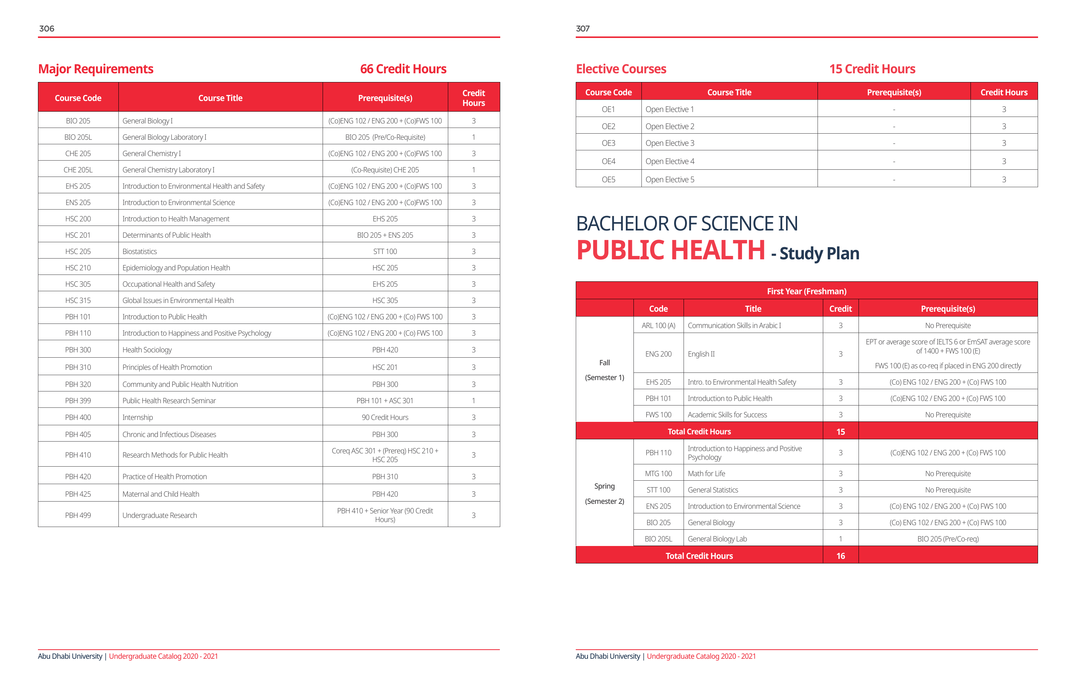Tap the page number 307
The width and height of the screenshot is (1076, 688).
583,28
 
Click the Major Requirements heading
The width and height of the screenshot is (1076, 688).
96,69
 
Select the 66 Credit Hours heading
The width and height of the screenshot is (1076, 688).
403,69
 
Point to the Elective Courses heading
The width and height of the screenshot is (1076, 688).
621,69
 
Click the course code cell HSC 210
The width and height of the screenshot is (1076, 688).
78,268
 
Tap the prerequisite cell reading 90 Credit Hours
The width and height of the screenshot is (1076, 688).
385,417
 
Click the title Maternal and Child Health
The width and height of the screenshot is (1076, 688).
161,494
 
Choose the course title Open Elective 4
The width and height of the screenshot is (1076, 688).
670,161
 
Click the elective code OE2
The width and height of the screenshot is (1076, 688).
608,126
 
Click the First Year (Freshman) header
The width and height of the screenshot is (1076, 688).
806,291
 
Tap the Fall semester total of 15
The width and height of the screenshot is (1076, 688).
840,431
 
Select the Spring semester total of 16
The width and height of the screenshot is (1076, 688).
840,555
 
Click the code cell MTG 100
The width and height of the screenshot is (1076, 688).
658,473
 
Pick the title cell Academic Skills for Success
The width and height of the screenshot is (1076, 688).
727,415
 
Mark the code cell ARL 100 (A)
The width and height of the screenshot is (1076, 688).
658,325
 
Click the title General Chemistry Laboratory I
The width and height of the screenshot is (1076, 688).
169,170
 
